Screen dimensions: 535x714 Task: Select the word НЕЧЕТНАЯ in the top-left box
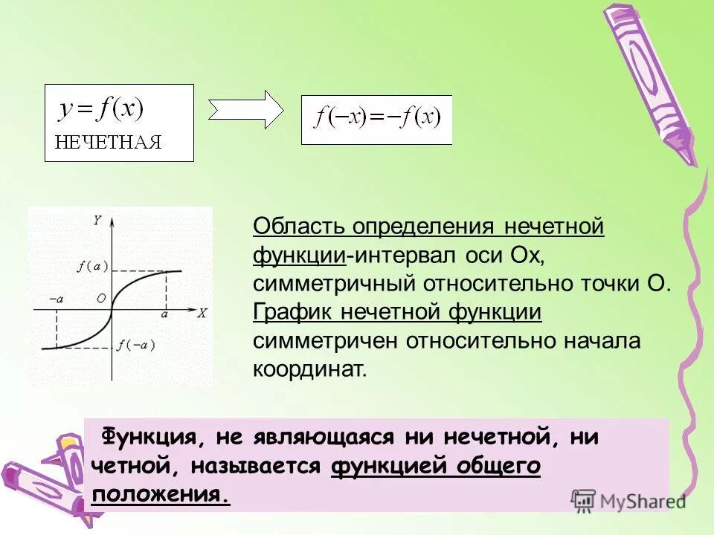[x=107, y=143]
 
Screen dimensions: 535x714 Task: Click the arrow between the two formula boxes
[x=245, y=110]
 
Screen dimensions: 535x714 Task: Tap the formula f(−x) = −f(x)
[x=377, y=118]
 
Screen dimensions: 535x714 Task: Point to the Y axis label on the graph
[x=97, y=220]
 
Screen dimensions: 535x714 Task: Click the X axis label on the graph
[x=201, y=313]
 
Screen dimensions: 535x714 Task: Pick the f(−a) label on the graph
[x=136, y=344]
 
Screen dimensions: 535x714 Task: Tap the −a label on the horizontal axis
[x=56, y=299]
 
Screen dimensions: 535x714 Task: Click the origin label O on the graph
[x=101, y=299]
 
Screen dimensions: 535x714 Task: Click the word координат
[x=310, y=369]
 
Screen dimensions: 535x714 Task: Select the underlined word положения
[x=160, y=494]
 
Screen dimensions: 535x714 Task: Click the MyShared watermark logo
[x=628, y=500]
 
